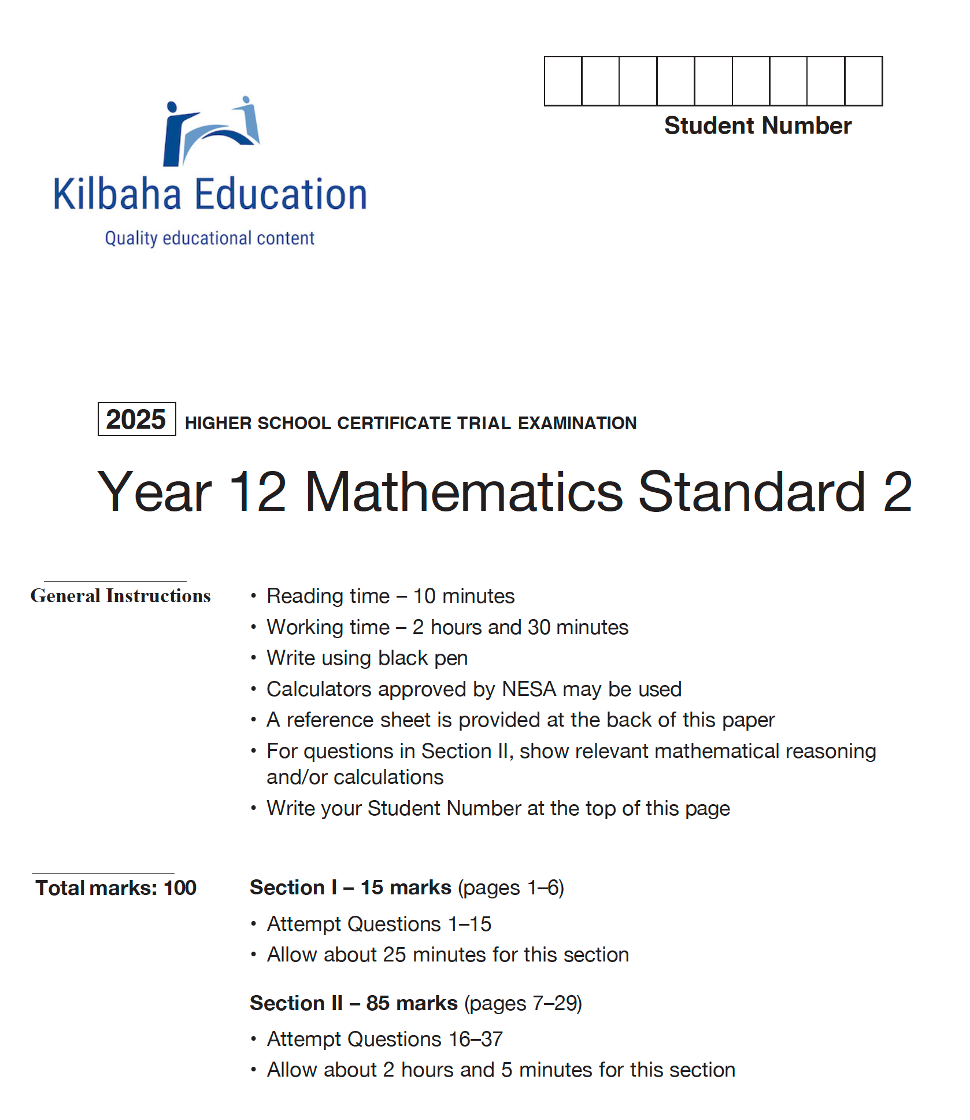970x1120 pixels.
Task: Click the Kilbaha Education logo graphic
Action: click(x=211, y=132)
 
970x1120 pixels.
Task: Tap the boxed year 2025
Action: click(x=136, y=419)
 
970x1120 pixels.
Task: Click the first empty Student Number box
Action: click(x=563, y=82)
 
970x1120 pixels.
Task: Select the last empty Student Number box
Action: click(x=864, y=82)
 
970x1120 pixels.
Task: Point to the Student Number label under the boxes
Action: click(x=757, y=126)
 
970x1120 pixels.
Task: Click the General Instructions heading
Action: click(x=120, y=596)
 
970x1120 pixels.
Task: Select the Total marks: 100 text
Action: click(x=116, y=888)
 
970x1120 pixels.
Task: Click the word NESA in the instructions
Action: click(x=528, y=689)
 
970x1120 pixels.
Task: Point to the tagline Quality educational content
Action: click(x=209, y=238)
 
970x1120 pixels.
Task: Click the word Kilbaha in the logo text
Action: click(x=117, y=194)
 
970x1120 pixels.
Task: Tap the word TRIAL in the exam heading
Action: click(x=484, y=423)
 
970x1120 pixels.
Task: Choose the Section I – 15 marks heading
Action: click(x=350, y=887)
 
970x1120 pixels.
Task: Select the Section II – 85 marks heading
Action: click(x=353, y=1003)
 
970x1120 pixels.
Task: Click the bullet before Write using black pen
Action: click(x=253, y=658)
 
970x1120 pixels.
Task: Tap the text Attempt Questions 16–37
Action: click(x=384, y=1039)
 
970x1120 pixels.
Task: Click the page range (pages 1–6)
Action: click(x=511, y=887)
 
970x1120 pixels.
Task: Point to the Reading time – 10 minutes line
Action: click(x=390, y=596)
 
